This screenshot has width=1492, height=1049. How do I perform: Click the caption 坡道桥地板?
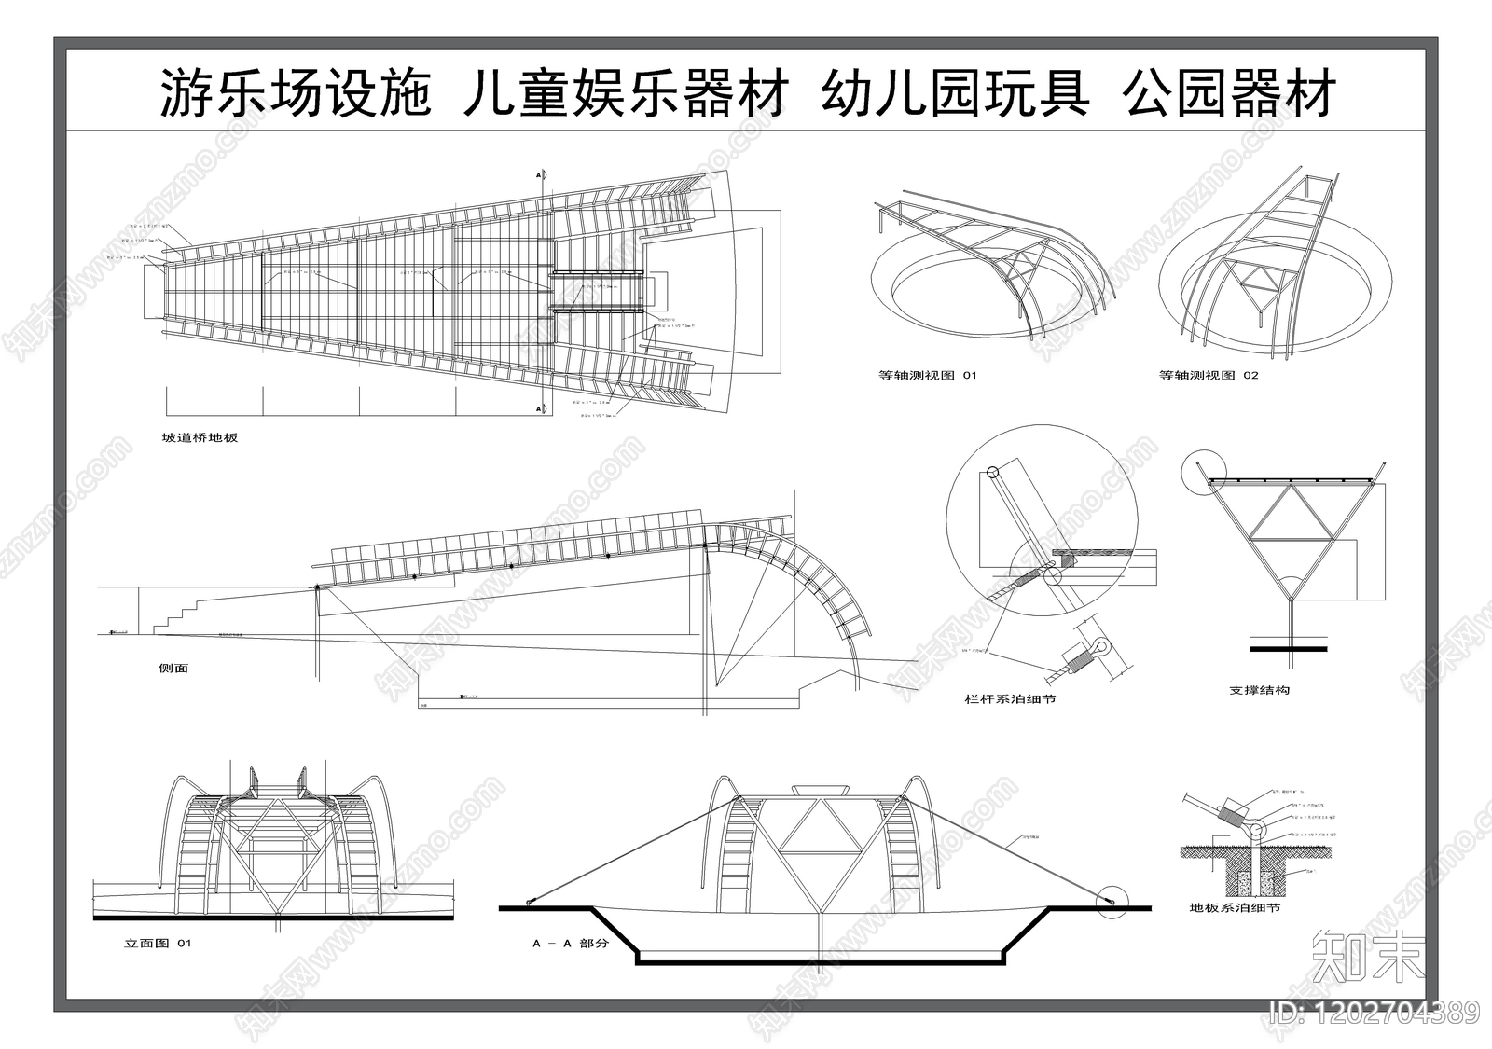pyautogui.click(x=200, y=437)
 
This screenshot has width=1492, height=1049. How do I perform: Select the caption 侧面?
pyautogui.click(x=173, y=669)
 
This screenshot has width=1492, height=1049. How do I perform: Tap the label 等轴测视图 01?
pyautogui.click(x=927, y=376)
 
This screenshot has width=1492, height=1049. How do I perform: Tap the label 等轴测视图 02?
pyautogui.click(x=1209, y=376)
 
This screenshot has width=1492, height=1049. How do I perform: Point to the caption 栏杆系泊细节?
pyautogui.click(x=1010, y=699)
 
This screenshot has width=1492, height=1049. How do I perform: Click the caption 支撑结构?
pyautogui.click(x=1259, y=691)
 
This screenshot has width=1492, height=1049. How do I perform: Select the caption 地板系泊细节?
pyautogui.click(x=1235, y=907)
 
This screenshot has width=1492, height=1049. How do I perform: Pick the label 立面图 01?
pyautogui.click(x=158, y=944)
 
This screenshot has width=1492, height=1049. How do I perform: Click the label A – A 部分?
pyautogui.click(x=570, y=944)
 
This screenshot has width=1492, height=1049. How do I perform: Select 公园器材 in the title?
pyautogui.click(x=1230, y=93)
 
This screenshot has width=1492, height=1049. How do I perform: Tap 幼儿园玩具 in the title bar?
pyautogui.click(x=955, y=93)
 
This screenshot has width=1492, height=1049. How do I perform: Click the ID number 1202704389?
pyautogui.click(x=1375, y=1011)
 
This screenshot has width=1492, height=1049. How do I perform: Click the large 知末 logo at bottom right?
pyautogui.click(x=1368, y=957)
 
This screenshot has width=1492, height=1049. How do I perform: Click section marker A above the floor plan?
pyautogui.click(x=538, y=174)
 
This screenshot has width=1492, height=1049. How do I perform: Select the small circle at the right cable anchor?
pyautogui.click(x=1112, y=901)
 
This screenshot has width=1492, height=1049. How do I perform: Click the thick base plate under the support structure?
pyautogui.click(x=1289, y=647)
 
